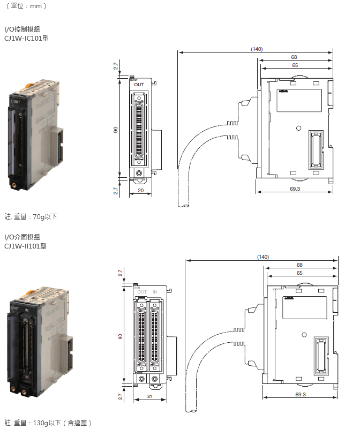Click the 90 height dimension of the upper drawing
coord(116,129)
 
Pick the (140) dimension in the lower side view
coord(262,257)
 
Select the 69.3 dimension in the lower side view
coord(300,395)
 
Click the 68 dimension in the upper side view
coord(294,57)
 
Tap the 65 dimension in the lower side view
coord(299,273)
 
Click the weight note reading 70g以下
coord(31,216)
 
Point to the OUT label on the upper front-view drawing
coord(139,85)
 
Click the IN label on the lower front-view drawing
coord(155,292)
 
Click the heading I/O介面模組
coord(22,236)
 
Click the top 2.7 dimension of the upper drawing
coord(116,66)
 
